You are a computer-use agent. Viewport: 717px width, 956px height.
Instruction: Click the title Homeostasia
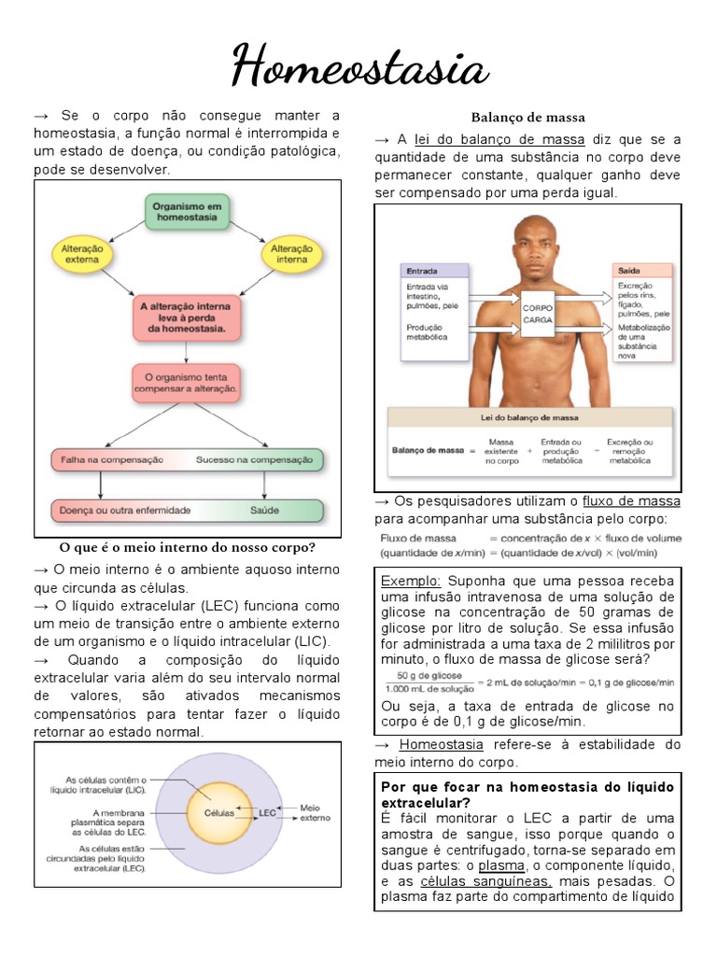point(359,67)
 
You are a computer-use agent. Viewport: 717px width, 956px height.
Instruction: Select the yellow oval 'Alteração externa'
point(82,254)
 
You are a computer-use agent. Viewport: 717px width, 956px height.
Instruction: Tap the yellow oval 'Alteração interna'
point(291,254)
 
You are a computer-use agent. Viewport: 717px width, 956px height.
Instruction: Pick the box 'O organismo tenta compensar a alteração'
point(186,383)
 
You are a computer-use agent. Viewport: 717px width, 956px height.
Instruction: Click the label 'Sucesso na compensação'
point(258,460)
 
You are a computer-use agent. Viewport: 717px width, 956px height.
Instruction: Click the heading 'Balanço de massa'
point(527,118)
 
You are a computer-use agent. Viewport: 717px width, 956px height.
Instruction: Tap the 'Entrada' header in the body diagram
point(422,271)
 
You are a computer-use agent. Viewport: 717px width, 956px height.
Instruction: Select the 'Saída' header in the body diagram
point(627,271)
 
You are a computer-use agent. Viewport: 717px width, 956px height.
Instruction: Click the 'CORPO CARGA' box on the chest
point(538,313)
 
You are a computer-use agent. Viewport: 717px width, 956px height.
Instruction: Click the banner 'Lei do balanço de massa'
point(528,417)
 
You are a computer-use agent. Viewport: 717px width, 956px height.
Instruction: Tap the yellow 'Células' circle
point(219,812)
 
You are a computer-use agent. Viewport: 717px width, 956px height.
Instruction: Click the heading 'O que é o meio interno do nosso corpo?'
point(188,547)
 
